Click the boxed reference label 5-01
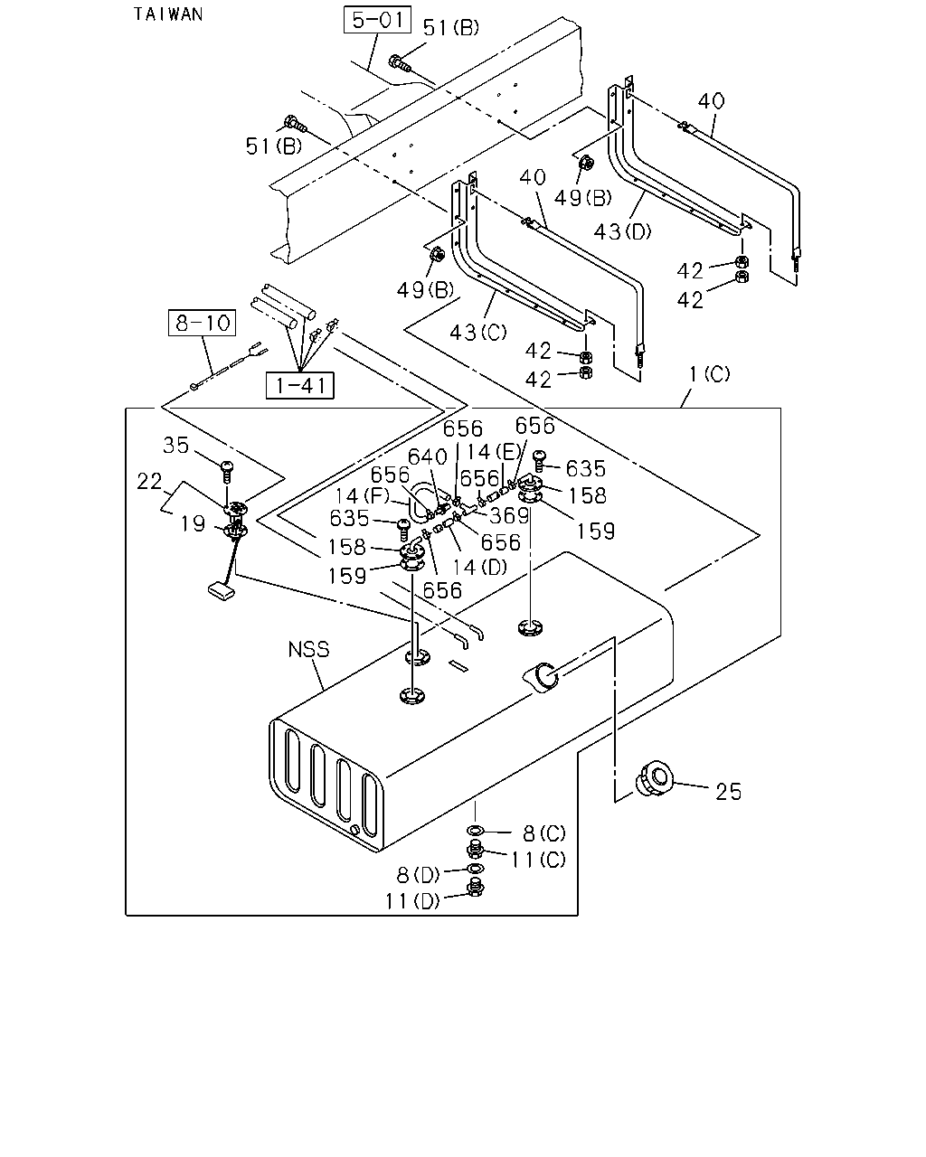pyautogui.click(x=377, y=20)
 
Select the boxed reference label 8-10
pyautogui.click(x=203, y=323)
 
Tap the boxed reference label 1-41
pyautogui.click(x=300, y=385)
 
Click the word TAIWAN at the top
pyautogui.click(x=168, y=14)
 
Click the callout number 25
pyautogui.click(x=729, y=792)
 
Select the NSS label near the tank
pyautogui.click(x=309, y=650)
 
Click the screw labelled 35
pyautogui.click(x=228, y=471)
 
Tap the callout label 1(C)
pyautogui.click(x=710, y=373)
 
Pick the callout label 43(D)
pyautogui.click(x=622, y=231)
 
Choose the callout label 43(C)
pyautogui.click(x=478, y=333)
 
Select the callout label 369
pyautogui.click(x=509, y=515)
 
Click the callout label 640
pyautogui.click(x=428, y=457)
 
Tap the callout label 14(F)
pyautogui.click(x=362, y=495)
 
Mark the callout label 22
pyautogui.click(x=149, y=481)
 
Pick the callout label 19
pyautogui.click(x=193, y=523)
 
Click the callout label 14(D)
pyautogui.click(x=480, y=567)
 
